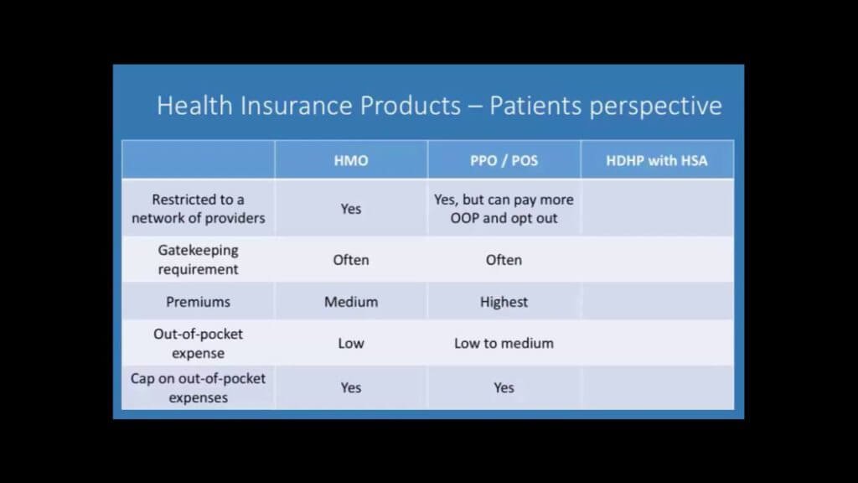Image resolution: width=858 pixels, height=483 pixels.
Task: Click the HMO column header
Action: point(351,160)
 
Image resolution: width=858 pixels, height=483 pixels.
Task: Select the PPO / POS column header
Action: point(504,160)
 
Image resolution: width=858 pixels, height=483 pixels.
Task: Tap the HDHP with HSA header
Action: point(657,160)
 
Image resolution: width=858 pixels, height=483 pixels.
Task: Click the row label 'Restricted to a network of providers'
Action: point(198,209)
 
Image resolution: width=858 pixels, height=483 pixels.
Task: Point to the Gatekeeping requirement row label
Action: point(198,259)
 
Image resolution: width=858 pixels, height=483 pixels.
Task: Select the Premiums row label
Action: point(198,301)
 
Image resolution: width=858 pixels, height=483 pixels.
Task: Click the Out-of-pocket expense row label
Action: point(198,343)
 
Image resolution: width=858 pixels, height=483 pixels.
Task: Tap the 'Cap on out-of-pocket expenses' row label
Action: point(198,387)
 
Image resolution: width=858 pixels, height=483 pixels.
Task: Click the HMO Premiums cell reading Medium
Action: point(351,301)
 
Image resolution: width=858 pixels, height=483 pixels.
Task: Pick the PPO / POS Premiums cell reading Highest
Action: point(504,301)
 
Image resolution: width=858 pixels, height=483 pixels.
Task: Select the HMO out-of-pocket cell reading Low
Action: point(351,343)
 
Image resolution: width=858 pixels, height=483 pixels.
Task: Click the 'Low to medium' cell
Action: point(504,343)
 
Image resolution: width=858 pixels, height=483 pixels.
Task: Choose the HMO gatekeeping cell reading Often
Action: point(351,260)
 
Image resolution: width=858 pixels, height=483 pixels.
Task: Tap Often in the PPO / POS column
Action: point(504,260)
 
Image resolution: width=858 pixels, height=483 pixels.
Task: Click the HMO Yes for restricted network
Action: point(351,209)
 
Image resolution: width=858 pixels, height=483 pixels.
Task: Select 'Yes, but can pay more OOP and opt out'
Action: point(504,209)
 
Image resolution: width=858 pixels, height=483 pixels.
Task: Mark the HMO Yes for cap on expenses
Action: point(351,387)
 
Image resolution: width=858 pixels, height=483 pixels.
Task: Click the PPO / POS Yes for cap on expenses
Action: point(504,387)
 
